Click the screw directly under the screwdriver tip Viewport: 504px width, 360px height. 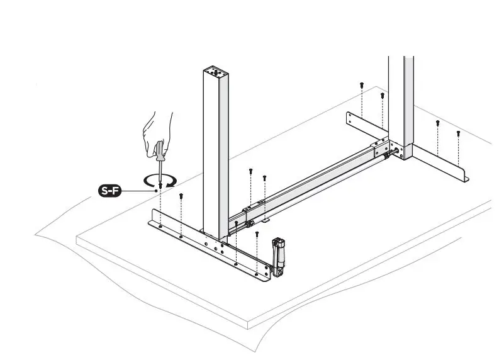pos(161,186)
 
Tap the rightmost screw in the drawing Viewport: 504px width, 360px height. pos(458,133)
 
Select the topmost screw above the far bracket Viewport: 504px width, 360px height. pos(362,84)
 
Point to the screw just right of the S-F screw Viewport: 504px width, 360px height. pos(181,196)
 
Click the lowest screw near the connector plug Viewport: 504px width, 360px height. pos(257,234)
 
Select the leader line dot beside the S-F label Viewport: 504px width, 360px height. pos(155,191)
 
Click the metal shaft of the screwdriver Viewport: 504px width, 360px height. pos(160,170)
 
